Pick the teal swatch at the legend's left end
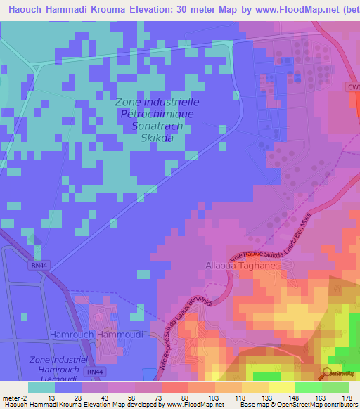tap(41, 387)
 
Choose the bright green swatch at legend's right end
tap(335, 387)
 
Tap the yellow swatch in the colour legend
tap(281, 387)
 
